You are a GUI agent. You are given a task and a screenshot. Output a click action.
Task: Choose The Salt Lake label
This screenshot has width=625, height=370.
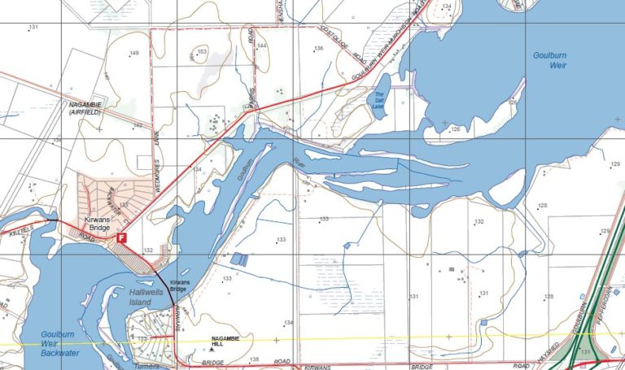[x=378, y=100]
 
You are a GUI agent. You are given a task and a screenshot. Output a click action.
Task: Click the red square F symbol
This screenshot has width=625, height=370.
[x=122, y=237]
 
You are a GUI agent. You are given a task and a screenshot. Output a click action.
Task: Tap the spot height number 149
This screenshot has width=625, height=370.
[x=133, y=54]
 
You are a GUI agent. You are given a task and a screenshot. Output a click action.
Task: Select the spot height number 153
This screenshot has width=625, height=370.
[x=203, y=51]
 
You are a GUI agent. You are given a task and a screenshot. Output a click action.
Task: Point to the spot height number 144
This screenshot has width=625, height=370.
[x=261, y=46]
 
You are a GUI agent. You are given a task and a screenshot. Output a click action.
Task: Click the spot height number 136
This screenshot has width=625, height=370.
[x=319, y=49]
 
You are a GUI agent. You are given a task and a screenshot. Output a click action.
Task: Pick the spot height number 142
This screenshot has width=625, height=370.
[x=138, y=125]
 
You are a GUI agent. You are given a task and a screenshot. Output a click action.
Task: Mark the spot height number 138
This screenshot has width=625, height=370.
[x=254, y=359]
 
